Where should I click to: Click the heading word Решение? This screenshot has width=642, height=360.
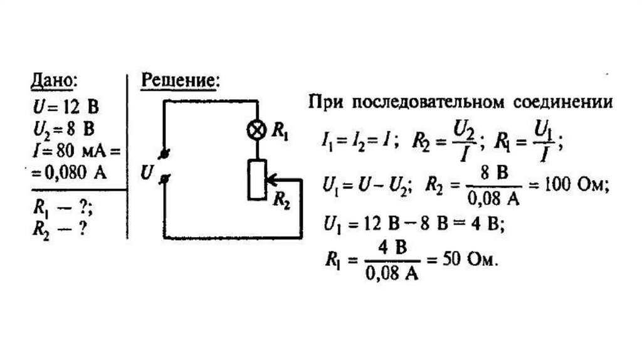pyautogui.click(x=180, y=82)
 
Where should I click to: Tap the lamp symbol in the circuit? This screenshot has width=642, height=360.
pyautogui.click(x=257, y=130)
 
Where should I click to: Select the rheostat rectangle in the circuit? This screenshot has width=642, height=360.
pyautogui.click(x=257, y=179)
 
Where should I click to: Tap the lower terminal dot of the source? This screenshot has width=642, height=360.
pyautogui.click(x=165, y=179)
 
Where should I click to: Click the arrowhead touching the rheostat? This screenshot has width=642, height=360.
pyautogui.click(x=270, y=179)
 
